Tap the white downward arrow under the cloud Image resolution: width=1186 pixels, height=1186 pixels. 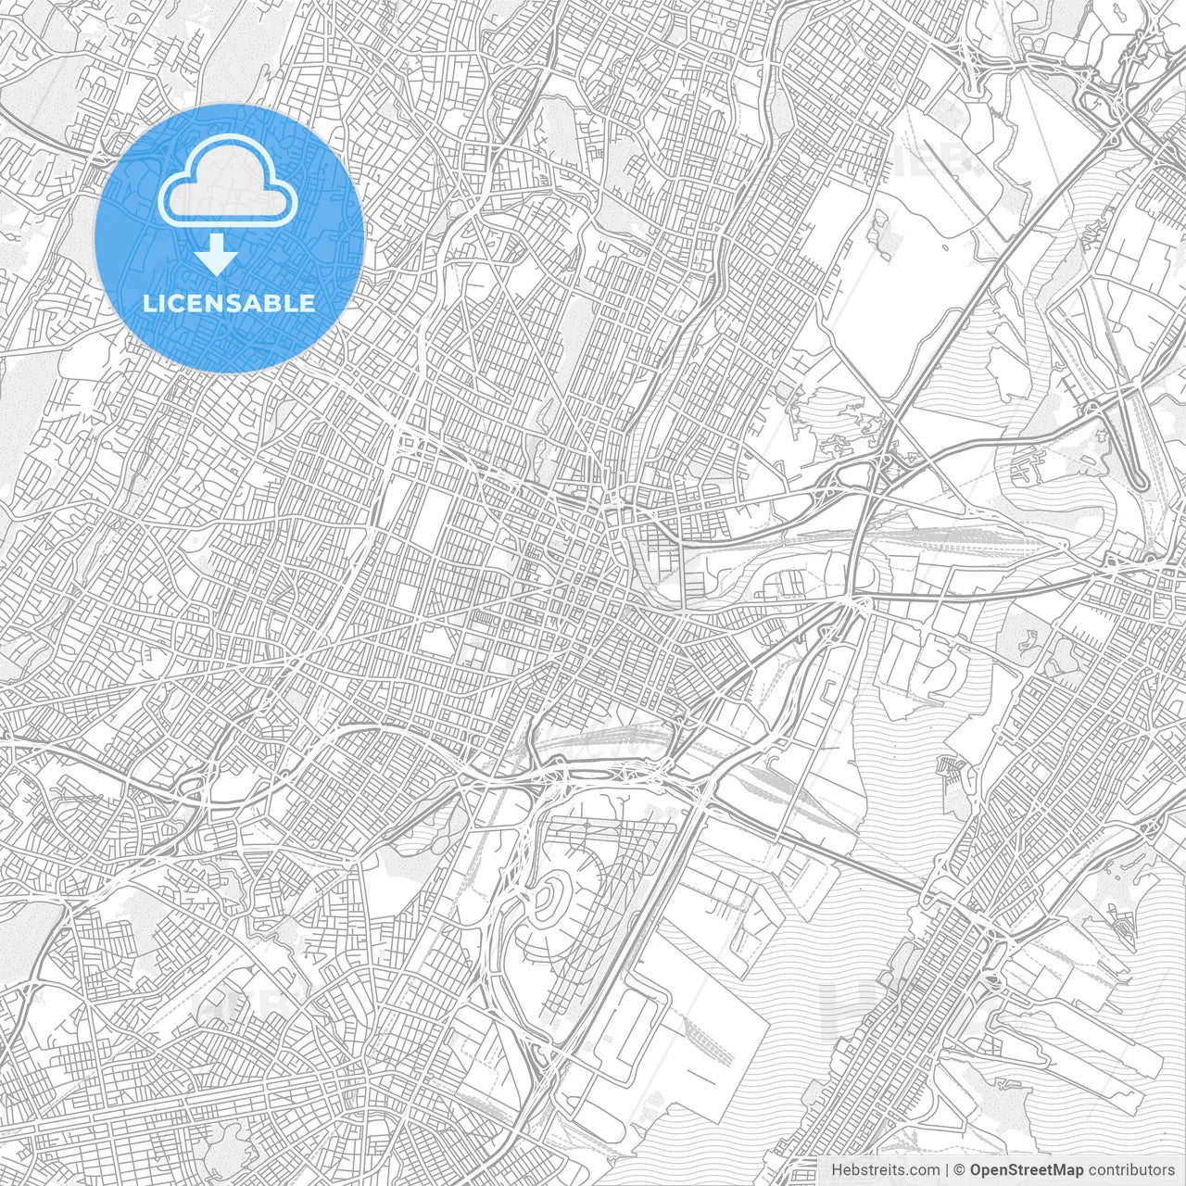pos(217,255)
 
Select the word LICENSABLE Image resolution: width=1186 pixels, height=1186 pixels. pos(228,303)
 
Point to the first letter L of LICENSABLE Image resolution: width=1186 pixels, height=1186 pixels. pos(147,303)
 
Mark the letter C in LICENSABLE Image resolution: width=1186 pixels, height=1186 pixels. pos(177,303)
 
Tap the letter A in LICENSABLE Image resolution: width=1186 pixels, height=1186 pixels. pos(254,303)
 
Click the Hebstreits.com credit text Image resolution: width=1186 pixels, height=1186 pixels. pos(883,1170)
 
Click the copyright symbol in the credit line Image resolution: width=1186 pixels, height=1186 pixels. pos(960,1170)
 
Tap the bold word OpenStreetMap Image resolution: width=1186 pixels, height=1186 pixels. pos(1026,1170)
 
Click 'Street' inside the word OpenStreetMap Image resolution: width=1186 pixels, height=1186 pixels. pos(1028,1170)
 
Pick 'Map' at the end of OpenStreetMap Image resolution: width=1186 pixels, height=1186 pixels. pos(1066,1170)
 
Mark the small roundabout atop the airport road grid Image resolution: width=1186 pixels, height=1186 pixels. pos(587,824)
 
